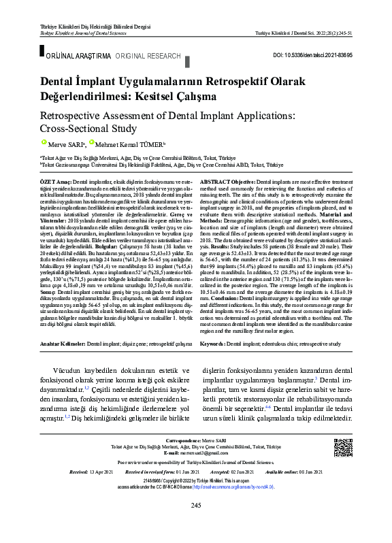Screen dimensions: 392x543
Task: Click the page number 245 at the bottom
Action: coord(196,504)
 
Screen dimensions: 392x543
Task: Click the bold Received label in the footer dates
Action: coord(61,470)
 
